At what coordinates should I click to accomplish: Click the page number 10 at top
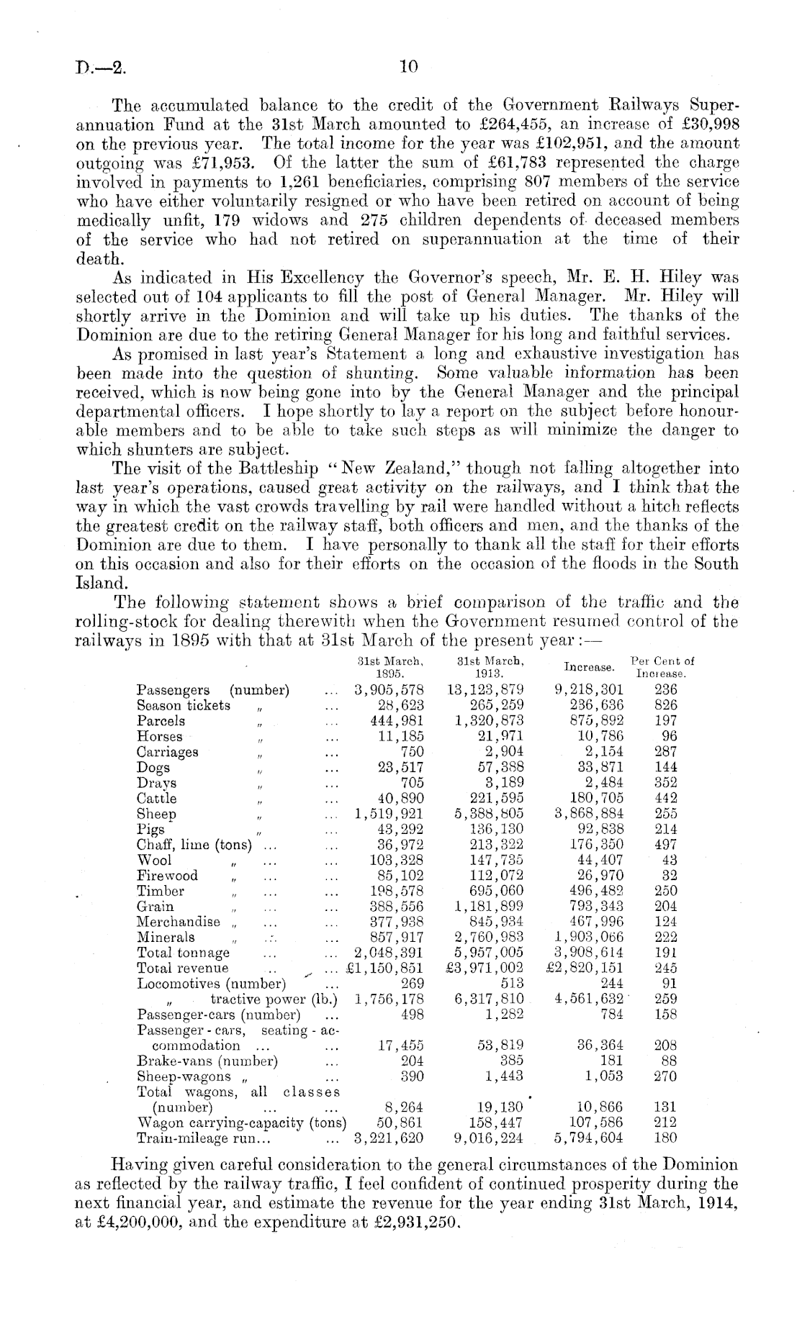[x=408, y=68]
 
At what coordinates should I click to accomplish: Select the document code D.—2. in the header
[x=100, y=70]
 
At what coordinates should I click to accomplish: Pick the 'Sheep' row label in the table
[x=156, y=814]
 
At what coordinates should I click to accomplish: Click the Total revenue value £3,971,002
[x=485, y=968]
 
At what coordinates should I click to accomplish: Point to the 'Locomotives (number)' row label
[x=212, y=984]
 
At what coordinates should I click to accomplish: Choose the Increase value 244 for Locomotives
[x=611, y=984]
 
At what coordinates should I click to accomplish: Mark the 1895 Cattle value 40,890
[x=401, y=798]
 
